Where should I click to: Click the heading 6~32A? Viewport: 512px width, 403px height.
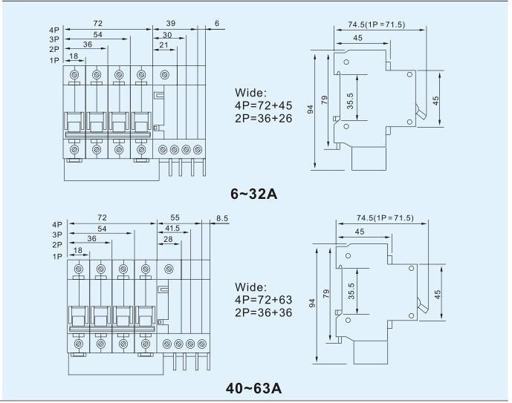[253, 194]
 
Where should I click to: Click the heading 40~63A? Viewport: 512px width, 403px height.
[253, 388]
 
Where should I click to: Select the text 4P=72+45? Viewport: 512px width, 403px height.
[264, 105]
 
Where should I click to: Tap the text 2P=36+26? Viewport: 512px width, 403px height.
[264, 118]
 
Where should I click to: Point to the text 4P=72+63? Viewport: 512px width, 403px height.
[264, 300]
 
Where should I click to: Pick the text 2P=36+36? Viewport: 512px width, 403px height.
[264, 312]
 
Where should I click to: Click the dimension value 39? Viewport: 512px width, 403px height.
[171, 23]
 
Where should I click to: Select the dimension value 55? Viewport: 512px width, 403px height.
[175, 217]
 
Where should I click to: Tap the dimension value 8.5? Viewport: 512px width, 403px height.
[222, 218]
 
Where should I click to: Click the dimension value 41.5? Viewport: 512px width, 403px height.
[172, 229]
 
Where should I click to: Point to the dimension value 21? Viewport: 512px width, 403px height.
[163, 45]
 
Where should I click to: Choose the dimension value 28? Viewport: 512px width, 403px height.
[168, 239]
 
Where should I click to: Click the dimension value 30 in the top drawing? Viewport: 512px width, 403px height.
[167, 35]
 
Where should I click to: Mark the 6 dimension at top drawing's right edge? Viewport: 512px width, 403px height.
[217, 23]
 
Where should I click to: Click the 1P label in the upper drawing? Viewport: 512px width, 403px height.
[54, 60]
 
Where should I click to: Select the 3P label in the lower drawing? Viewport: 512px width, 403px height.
[57, 235]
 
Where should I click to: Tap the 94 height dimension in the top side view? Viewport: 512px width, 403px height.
[311, 109]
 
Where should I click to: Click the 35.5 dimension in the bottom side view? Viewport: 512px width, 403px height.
[351, 291]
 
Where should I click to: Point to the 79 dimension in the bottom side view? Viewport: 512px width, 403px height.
[326, 293]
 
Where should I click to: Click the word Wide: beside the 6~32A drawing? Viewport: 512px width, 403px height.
[250, 93]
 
